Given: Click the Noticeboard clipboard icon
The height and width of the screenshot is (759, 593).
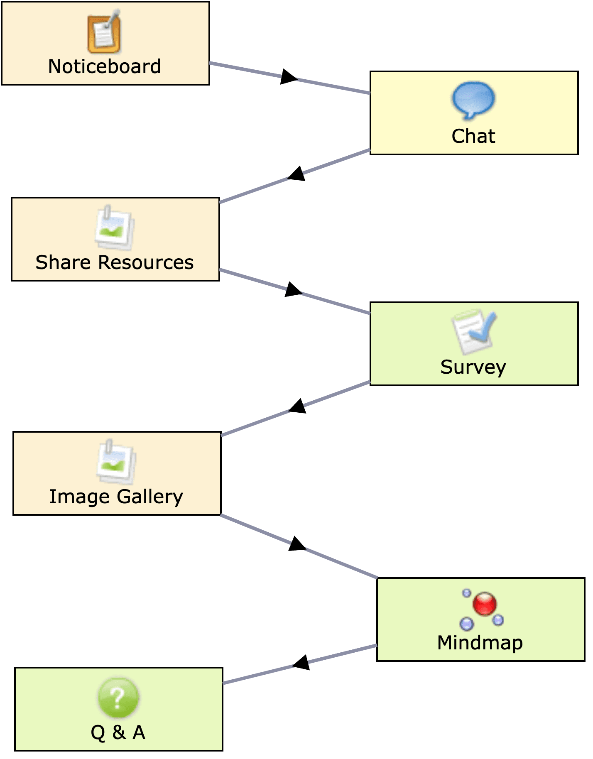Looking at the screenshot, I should click(x=104, y=33).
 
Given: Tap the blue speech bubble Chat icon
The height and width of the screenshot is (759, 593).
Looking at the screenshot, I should click(x=473, y=100).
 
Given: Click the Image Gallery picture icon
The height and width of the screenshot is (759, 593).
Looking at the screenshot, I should click(x=116, y=462).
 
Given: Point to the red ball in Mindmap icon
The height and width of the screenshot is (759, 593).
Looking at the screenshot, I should click(x=485, y=603).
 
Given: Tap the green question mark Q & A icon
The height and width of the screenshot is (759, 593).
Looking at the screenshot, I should click(x=118, y=698).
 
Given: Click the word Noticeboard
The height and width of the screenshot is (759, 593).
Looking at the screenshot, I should click(x=104, y=66).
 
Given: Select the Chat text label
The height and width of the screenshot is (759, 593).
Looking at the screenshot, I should click(x=473, y=136).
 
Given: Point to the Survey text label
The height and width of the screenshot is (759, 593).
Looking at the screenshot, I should click(x=473, y=367).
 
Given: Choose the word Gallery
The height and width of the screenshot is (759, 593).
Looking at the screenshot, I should click(x=149, y=497).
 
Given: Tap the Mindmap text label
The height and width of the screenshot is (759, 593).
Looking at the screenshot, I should click(x=480, y=643).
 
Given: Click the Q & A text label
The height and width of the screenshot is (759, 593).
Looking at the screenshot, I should click(x=118, y=732).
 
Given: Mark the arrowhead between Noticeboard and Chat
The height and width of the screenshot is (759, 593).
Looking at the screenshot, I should click(x=288, y=77).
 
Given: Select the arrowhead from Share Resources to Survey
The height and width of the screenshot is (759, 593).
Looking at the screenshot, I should click(x=293, y=289).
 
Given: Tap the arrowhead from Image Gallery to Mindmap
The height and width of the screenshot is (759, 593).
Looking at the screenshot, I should click(x=296, y=544).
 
